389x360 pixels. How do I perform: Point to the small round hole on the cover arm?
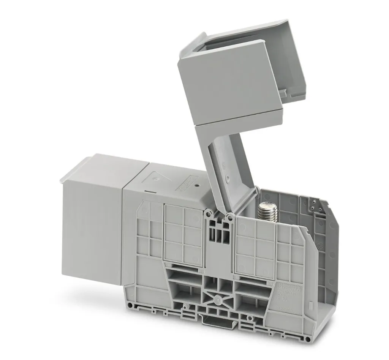tap(227, 177)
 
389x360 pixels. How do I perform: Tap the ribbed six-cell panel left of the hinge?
tap(183, 235)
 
